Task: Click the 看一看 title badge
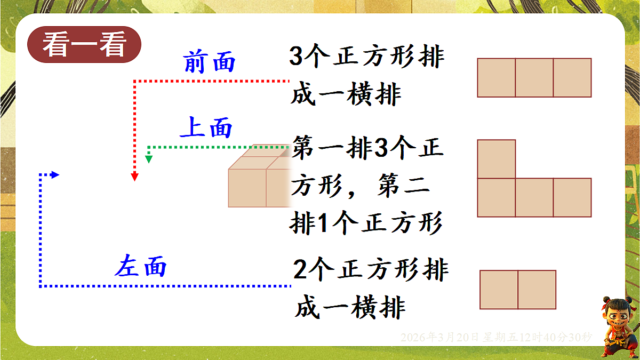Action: point(84,45)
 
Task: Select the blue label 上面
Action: point(207,129)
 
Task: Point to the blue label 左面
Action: point(141,266)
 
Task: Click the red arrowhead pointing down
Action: point(135,177)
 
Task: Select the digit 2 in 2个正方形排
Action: point(300,271)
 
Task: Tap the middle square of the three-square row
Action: point(534,78)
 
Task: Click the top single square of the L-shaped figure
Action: point(497,159)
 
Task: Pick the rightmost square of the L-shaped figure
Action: point(572,197)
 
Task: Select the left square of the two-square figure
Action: point(499,290)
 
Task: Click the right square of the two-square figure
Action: point(537,290)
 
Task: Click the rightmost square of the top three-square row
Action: point(572,78)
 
